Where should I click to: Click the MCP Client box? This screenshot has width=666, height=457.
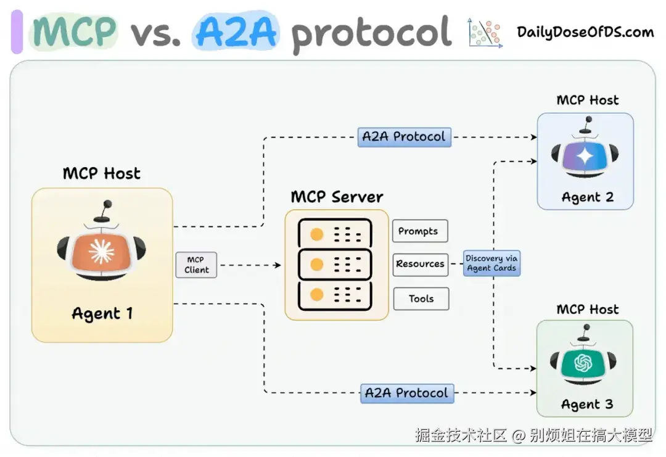pos(196,265)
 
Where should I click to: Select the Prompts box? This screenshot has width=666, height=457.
pos(420,231)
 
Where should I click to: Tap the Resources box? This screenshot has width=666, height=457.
pos(421,265)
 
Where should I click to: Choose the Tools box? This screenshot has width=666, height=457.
pos(421,298)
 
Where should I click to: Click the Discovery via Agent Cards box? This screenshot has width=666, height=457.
pos(492,263)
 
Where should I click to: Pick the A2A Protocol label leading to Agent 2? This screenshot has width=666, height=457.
pos(405,137)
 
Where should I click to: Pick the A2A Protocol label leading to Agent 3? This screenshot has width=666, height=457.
pos(407,393)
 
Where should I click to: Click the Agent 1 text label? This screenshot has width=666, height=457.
pos(102,314)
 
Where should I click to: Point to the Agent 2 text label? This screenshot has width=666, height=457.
pos(588,197)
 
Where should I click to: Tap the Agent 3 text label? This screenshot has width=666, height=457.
pos(587,405)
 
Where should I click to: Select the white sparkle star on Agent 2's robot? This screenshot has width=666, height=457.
pos(585,157)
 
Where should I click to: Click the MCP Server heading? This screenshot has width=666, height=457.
pos(337,197)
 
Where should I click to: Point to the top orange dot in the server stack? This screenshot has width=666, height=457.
pos(317,234)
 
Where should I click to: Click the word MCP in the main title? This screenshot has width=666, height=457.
pos(75,31)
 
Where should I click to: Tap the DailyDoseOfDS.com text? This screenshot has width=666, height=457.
pos(585,32)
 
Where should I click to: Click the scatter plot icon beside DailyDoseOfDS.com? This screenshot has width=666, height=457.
pos(485,32)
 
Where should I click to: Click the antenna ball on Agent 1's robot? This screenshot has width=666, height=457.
pos(107,204)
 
